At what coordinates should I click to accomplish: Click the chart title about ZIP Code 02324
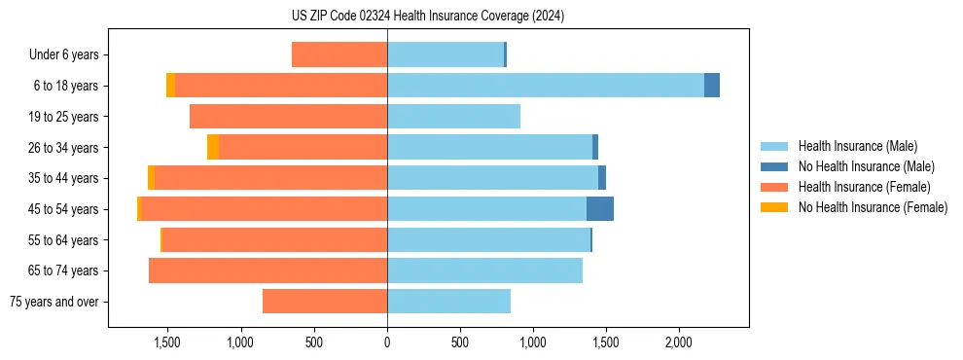click(x=427, y=17)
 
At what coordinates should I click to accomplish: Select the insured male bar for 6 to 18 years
click(x=545, y=86)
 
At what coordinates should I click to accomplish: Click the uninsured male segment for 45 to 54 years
click(x=599, y=209)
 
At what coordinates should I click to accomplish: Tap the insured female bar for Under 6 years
click(x=339, y=55)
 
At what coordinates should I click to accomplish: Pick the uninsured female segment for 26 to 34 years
click(x=213, y=148)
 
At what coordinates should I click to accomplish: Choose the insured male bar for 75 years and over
click(x=448, y=302)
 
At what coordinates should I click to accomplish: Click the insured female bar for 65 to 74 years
click(x=267, y=270)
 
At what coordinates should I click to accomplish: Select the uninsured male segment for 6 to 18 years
click(x=712, y=86)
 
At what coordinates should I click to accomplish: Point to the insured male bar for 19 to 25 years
click(x=453, y=117)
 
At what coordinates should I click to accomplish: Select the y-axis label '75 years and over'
click(x=54, y=302)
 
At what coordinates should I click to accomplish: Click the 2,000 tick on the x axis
click(x=678, y=342)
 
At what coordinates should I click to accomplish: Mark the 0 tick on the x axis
click(x=387, y=342)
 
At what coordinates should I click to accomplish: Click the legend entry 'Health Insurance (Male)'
click(x=857, y=146)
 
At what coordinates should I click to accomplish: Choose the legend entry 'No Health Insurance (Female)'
click(x=873, y=207)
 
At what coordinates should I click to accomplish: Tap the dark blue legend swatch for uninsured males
click(x=774, y=166)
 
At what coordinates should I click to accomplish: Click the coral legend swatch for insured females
click(x=774, y=187)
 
